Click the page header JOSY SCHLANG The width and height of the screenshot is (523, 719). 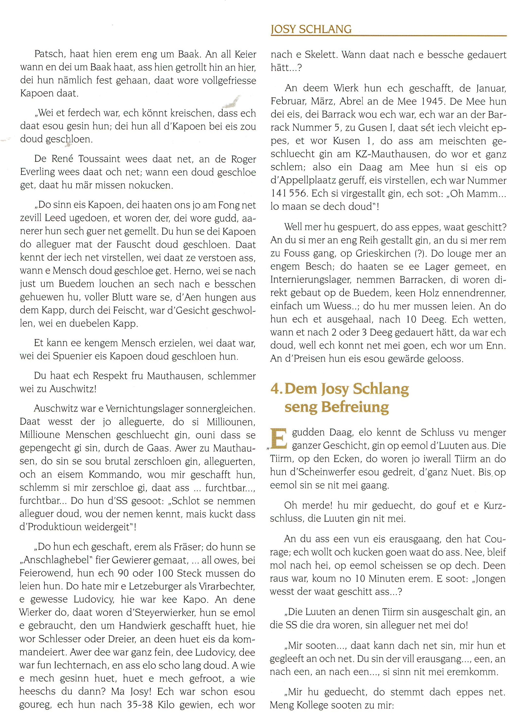[x=311, y=29]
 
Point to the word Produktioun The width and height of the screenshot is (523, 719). [x=55, y=527]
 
